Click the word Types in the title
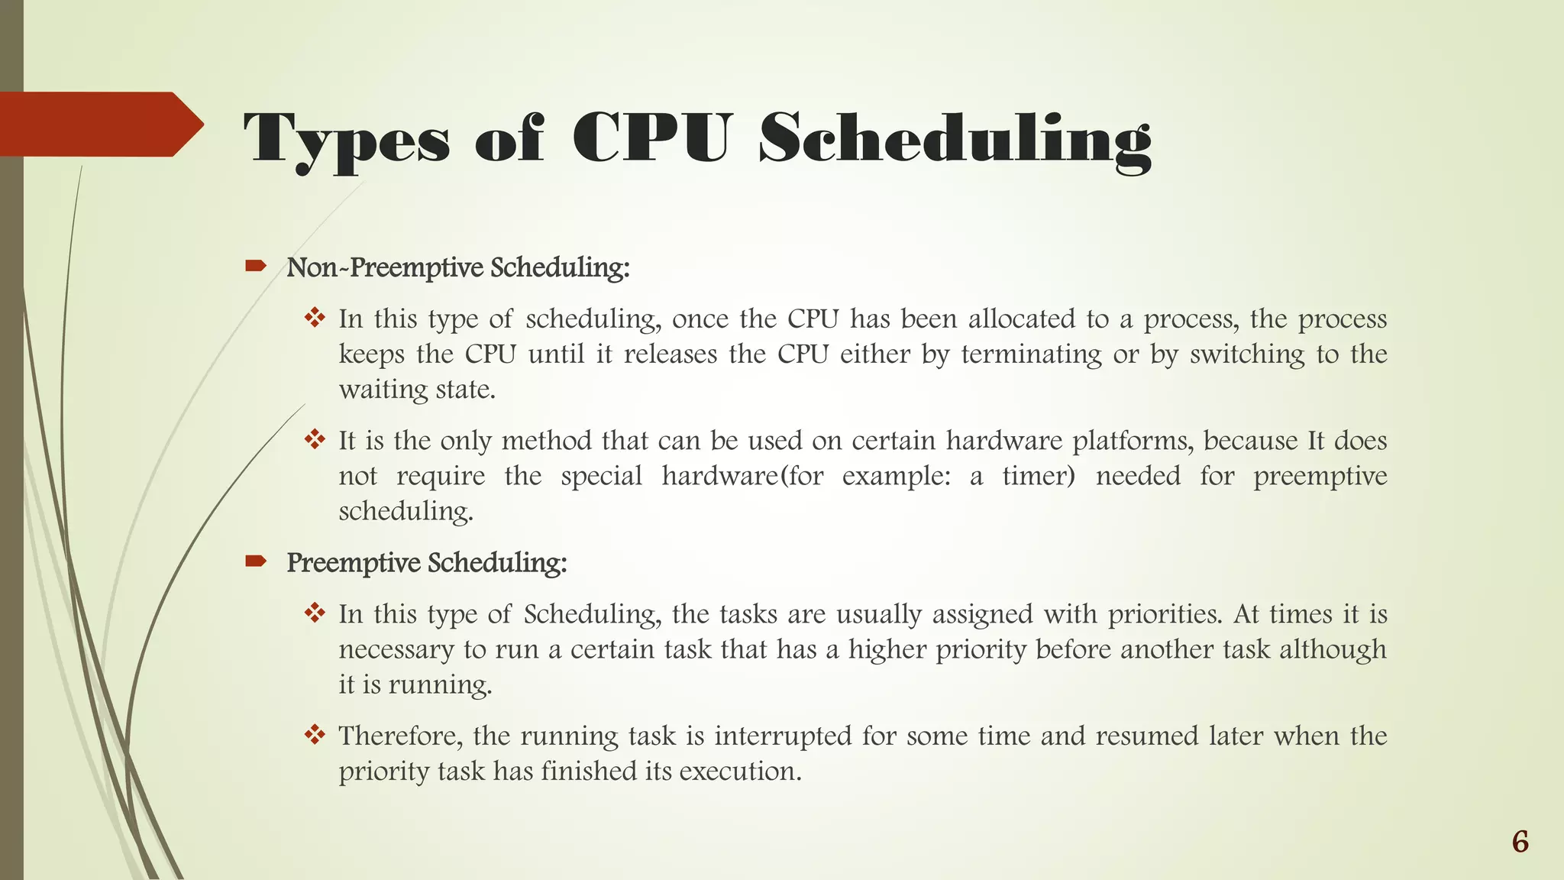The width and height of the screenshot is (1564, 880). pos(347,140)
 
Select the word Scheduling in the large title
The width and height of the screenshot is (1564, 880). pos(955,140)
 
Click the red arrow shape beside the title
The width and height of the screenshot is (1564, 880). pos(99,124)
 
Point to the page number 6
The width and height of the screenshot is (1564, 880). pos(1520,842)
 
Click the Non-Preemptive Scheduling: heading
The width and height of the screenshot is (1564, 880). pos(458,267)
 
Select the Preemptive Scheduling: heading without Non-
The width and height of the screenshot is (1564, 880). pos(427,562)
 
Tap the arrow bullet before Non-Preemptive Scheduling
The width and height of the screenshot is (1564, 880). pos(255,266)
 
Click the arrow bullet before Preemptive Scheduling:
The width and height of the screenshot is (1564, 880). pos(255,561)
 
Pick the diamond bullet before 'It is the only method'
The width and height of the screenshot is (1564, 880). pos(315,439)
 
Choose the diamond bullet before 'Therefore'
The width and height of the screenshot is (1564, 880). pos(315,735)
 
